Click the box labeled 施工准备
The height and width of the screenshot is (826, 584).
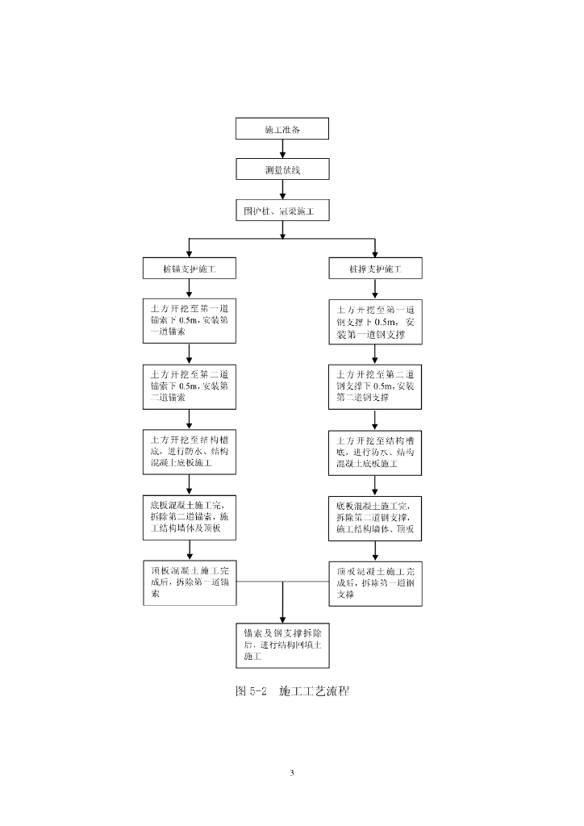pyautogui.click(x=282, y=128)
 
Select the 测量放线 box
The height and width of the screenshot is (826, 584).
pyautogui.click(x=282, y=169)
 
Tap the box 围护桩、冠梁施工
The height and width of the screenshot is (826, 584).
pyautogui.click(x=282, y=211)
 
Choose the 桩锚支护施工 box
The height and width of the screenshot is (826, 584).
pyautogui.click(x=189, y=268)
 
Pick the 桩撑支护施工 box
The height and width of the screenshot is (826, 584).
pyautogui.click(x=375, y=268)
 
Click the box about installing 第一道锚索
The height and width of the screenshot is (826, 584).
pyautogui.click(x=189, y=320)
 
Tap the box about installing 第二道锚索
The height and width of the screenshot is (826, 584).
pyautogui.click(x=189, y=386)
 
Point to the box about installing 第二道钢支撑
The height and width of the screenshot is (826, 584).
pyautogui.click(x=375, y=386)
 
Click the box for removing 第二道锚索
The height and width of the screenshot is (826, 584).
pyautogui.click(x=189, y=516)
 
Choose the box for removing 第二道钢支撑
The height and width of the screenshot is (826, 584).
pyautogui.click(x=375, y=518)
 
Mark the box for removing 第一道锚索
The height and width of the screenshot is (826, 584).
pyautogui.click(x=189, y=582)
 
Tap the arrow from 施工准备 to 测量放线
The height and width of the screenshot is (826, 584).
pyautogui.click(x=282, y=148)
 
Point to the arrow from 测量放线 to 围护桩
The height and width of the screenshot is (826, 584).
pyautogui.click(x=282, y=190)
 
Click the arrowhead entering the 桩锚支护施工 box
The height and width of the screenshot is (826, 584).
pyautogui.click(x=189, y=252)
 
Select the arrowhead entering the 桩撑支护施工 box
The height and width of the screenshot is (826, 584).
pyautogui.click(x=375, y=252)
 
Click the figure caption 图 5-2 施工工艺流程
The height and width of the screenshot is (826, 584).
pyautogui.click(x=291, y=691)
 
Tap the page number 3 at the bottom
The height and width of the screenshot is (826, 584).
pyautogui.click(x=292, y=774)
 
